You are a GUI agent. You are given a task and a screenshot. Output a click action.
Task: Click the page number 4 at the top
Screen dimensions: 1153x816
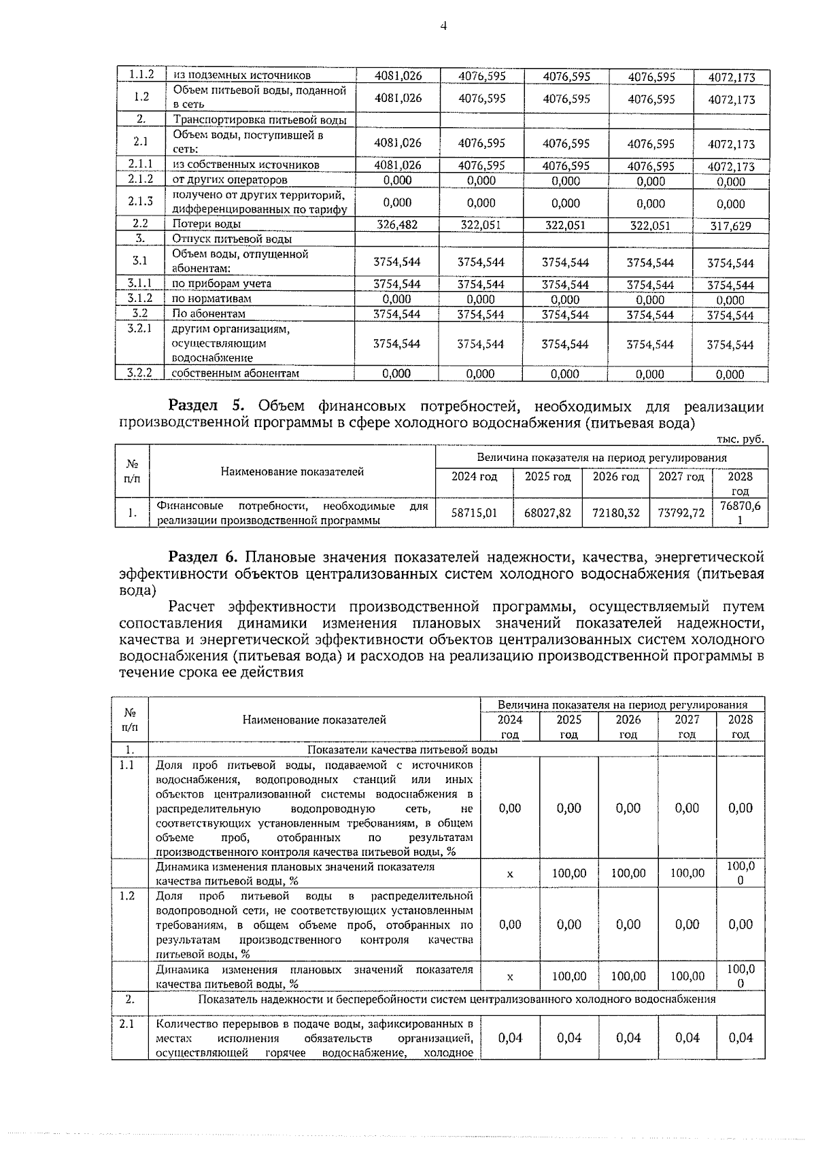443,27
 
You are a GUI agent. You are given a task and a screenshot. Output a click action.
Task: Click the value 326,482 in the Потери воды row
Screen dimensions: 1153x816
397,225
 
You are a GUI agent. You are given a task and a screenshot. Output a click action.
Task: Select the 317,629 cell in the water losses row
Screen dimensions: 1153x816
730,226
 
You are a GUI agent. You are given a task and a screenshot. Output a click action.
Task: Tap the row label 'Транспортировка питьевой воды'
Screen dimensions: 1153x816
260,120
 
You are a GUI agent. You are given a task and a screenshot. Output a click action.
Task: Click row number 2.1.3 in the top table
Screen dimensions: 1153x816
140,202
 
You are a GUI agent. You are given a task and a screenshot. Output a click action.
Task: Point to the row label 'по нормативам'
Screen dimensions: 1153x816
211,298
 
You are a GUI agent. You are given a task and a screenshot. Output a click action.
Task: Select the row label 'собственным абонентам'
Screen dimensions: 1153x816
235,373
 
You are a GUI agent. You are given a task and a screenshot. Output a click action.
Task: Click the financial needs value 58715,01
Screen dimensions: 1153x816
475,513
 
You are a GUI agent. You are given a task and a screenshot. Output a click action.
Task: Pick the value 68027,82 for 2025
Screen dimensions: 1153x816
547,513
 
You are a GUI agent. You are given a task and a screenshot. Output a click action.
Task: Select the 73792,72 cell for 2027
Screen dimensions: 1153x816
681,513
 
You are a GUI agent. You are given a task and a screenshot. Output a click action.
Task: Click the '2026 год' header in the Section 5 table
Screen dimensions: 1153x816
616,477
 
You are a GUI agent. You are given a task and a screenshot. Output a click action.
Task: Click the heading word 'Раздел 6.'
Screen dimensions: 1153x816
203,557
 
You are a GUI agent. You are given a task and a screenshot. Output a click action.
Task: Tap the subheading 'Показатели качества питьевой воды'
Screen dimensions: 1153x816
403,749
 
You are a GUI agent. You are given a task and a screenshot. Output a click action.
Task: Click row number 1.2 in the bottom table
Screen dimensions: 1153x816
126,895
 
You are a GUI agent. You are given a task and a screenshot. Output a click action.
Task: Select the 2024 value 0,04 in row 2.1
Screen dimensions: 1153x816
510,1037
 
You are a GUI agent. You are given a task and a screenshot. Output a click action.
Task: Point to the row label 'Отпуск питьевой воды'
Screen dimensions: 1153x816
231,239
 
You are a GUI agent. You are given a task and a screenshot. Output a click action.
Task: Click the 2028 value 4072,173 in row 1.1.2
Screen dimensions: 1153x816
730,78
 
